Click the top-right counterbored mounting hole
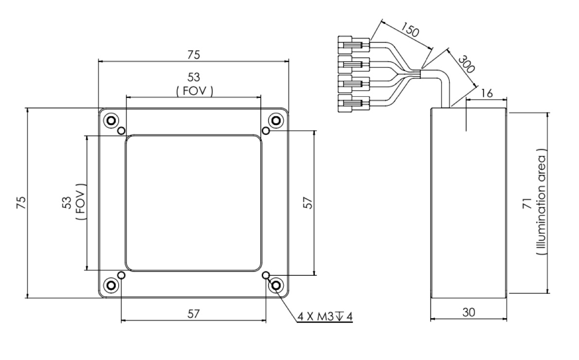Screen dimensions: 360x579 (276, 120)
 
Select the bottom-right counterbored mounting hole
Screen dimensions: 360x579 (276, 285)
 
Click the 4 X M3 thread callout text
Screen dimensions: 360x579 (325, 317)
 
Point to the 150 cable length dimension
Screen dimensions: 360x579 (410, 32)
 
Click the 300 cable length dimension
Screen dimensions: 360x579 (466, 62)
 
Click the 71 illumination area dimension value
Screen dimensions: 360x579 (527, 203)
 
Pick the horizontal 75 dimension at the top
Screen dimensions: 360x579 (193, 55)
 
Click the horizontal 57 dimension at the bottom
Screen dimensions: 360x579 (194, 314)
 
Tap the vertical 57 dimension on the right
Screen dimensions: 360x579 (308, 202)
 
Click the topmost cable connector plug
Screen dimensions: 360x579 (353, 45)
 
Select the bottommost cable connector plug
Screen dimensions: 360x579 (353, 103)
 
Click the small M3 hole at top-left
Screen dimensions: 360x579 (122, 130)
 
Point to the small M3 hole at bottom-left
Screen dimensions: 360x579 (122, 275)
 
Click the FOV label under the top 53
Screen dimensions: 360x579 (194, 90)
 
